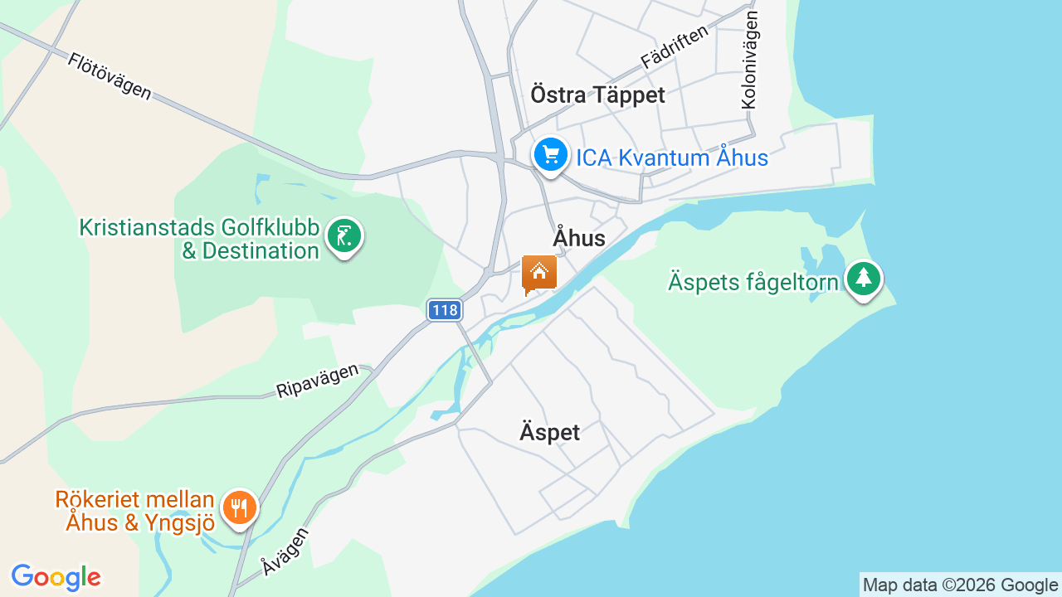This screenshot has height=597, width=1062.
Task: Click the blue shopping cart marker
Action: (x=550, y=155)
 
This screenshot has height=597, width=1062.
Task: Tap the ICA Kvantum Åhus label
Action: (x=672, y=158)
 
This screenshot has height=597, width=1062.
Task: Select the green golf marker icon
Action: (x=344, y=236)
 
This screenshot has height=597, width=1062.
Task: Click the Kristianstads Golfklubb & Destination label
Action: (x=199, y=239)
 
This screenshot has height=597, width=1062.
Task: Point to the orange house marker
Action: (x=538, y=273)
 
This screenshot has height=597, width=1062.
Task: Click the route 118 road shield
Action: (x=445, y=310)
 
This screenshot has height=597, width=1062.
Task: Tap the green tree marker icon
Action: (x=863, y=279)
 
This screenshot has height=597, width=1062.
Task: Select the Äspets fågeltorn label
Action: (x=753, y=282)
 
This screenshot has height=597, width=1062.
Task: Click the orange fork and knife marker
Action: (x=240, y=507)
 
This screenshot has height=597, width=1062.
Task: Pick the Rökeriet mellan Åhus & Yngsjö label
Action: (x=135, y=511)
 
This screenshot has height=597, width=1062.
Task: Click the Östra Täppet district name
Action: (x=597, y=95)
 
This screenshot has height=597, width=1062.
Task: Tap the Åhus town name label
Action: (x=579, y=239)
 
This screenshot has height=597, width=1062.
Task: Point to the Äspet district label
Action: (x=549, y=432)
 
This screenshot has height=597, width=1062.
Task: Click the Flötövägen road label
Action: (x=110, y=76)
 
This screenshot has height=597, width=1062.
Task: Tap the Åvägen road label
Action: (x=285, y=551)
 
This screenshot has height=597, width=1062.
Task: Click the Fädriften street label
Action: (x=675, y=46)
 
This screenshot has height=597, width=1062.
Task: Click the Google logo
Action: (x=56, y=577)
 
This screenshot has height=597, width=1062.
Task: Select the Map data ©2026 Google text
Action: (x=960, y=585)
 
